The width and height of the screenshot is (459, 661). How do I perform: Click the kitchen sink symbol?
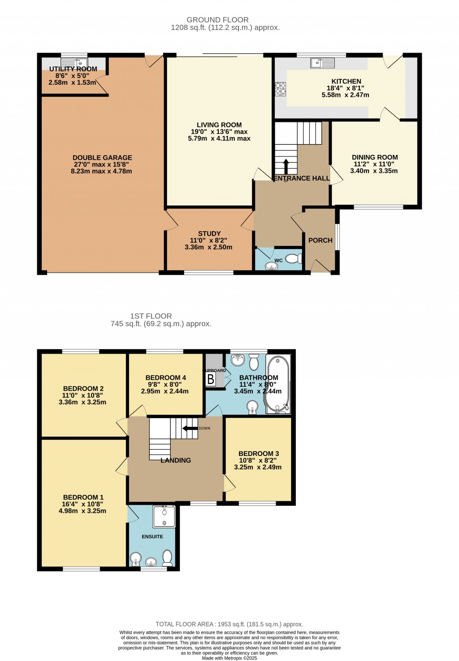(x=322, y=63)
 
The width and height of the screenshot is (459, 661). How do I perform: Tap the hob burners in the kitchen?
(x=281, y=89)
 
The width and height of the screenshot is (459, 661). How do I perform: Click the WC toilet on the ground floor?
(x=294, y=259)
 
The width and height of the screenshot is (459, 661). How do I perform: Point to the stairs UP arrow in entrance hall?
(x=286, y=166)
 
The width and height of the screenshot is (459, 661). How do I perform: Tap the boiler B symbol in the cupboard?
(x=211, y=379)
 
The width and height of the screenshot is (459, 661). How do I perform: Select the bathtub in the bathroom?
(x=279, y=385)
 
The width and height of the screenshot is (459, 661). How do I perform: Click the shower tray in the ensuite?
(x=165, y=517)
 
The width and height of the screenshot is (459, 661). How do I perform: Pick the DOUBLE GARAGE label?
(x=102, y=158)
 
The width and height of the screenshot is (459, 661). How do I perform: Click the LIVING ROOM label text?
(x=219, y=125)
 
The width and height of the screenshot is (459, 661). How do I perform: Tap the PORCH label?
(x=320, y=240)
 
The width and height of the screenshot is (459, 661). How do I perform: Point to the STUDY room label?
(x=209, y=233)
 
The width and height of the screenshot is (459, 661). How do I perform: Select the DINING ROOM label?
(x=375, y=157)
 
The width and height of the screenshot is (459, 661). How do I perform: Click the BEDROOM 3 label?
(x=259, y=454)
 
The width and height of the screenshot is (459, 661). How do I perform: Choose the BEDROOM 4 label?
(x=165, y=377)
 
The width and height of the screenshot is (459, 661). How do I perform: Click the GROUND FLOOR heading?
(x=217, y=20)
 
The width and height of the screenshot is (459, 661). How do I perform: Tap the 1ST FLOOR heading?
(x=151, y=316)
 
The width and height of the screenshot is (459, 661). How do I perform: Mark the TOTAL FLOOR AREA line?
(x=229, y=624)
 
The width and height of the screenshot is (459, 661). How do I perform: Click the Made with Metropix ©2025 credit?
(x=229, y=658)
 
